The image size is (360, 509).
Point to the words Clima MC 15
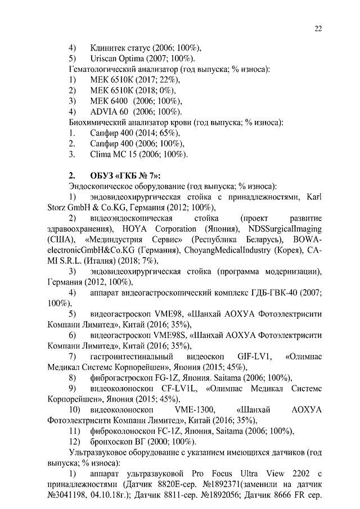click(x=113, y=154)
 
